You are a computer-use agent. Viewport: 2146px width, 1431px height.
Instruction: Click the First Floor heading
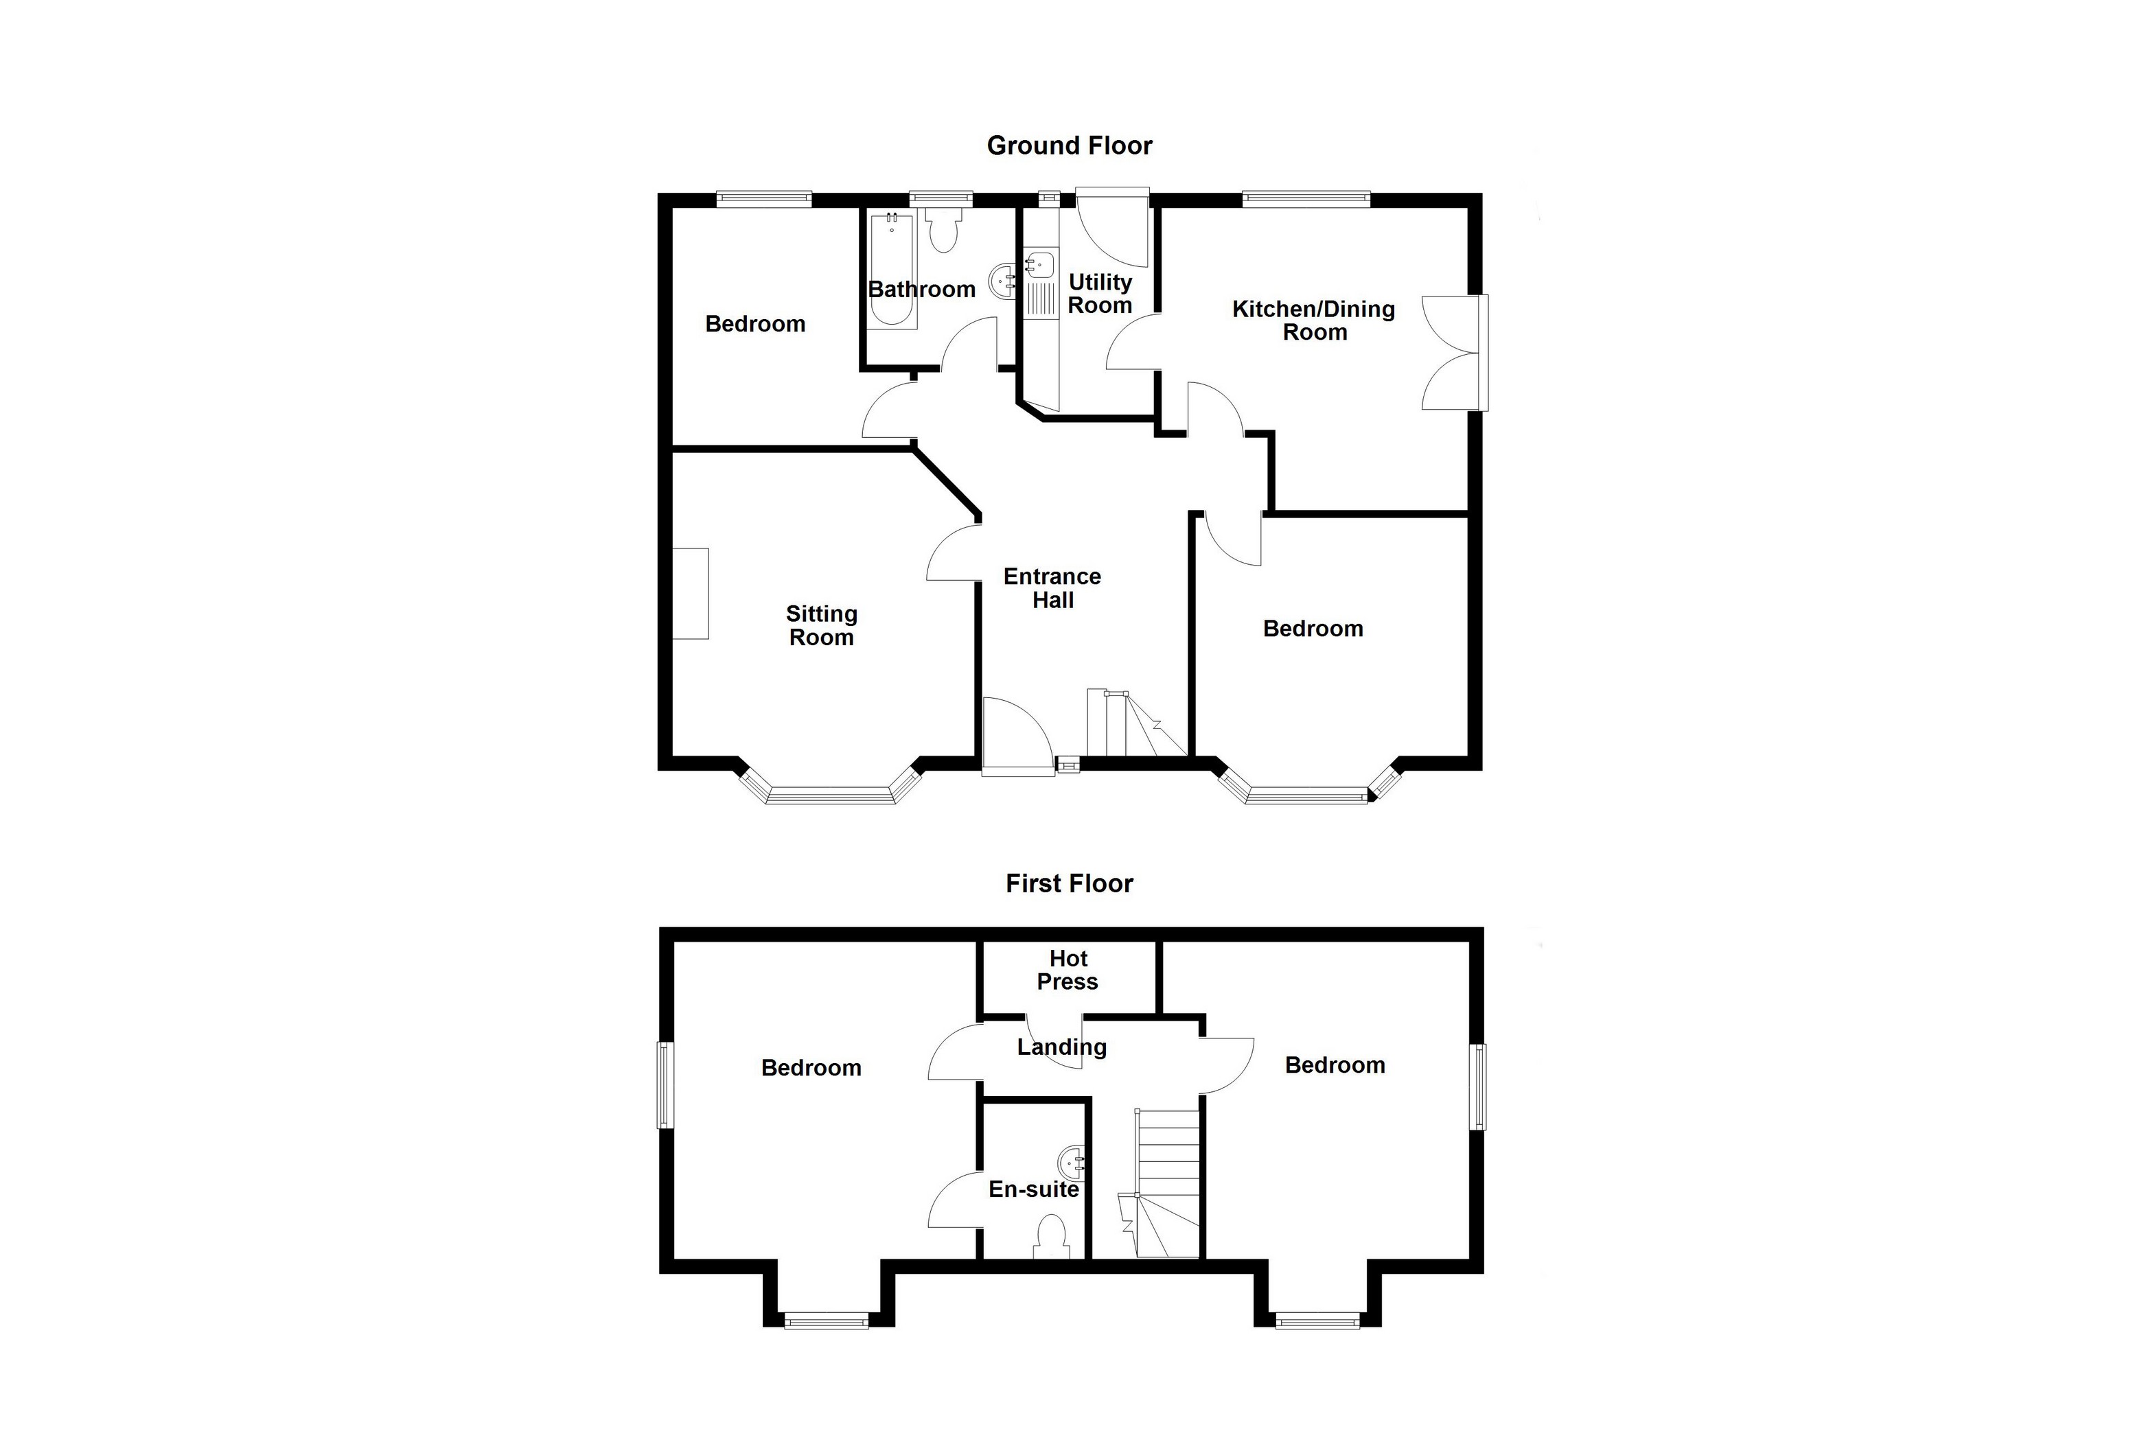[x=1069, y=883]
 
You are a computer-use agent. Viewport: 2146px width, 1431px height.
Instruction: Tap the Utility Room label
[x=1100, y=294]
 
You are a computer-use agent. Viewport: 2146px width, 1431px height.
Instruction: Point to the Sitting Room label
[x=822, y=625]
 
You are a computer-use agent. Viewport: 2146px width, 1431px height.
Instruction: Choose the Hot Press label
[x=1068, y=970]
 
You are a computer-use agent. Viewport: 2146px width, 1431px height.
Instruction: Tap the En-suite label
[x=1033, y=1189]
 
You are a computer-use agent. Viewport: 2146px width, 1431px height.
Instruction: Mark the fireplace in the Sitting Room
[x=691, y=593]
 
